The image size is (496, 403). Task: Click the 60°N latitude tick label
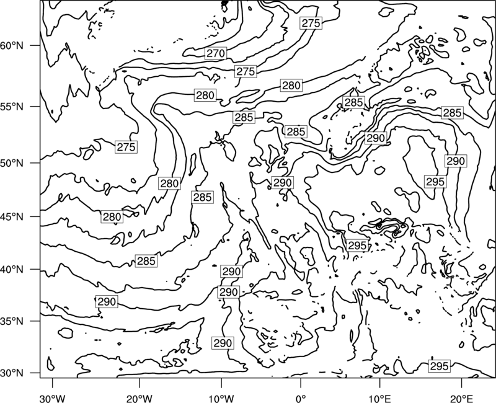pos(12,45)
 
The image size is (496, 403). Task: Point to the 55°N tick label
pos(12,107)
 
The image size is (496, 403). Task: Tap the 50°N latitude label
pos(12,163)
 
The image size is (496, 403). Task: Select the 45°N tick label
pos(12,216)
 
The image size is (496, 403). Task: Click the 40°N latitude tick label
pos(12,270)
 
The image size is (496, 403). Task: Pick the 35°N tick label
pos(12,321)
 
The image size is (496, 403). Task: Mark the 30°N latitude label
pos(12,373)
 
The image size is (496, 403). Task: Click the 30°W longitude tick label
pos(53,399)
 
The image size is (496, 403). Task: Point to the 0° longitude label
pos(301,399)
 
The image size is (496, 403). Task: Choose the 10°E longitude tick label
pos(379,399)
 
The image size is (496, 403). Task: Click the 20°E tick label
pos(461,399)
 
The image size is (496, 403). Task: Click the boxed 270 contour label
pos(216,53)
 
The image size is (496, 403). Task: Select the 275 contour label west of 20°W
pos(126,147)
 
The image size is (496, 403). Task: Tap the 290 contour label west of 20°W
pos(107,302)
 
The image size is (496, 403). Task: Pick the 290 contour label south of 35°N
pos(223,343)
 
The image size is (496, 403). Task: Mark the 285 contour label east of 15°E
pos(453,113)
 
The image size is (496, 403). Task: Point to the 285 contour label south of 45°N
pos(146,261)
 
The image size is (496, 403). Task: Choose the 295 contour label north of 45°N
pos(436,182)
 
